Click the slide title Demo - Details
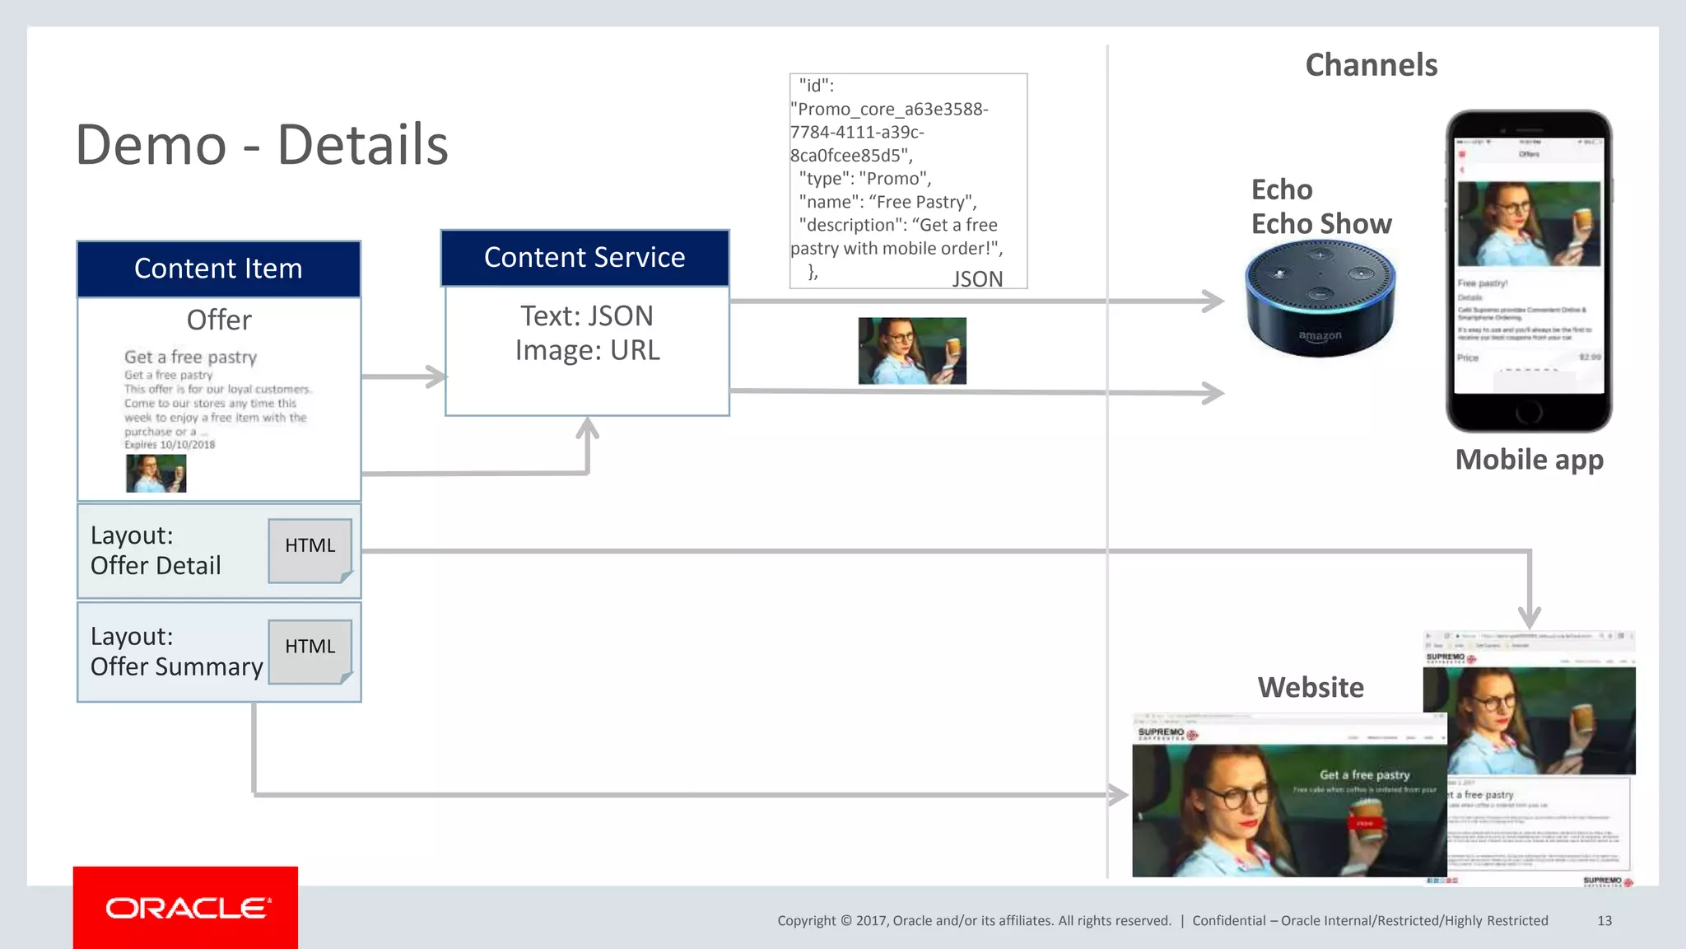coord(262,145)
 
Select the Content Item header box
coord(218,269)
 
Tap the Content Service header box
coord(585,258)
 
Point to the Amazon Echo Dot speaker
coord(1320,298)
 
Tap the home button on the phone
coord(1528,411)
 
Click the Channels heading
coord(1371,65)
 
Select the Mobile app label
coord(1529,460)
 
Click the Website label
coord(1311,687)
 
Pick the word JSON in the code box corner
coord(977,279)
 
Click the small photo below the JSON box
coord(912,351)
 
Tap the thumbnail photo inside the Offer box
coord(156,474)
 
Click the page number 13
coord(1604,921)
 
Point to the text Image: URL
coord(587,351)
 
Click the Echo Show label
coord(1320,224)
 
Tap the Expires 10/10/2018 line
coord(170,445)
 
